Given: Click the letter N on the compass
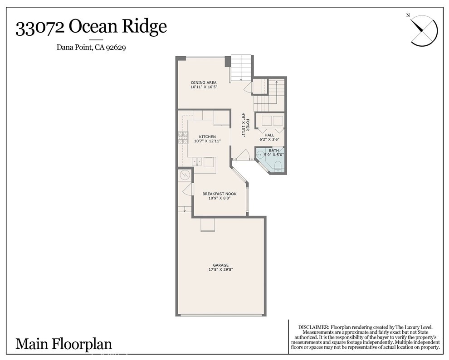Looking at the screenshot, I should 408,15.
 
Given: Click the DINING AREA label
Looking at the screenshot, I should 200,83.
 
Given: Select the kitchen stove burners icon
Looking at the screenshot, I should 183,137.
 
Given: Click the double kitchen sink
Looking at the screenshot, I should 197,161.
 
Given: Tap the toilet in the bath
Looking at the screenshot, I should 278,166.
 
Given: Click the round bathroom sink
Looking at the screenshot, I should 260,155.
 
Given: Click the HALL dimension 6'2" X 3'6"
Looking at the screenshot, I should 269,140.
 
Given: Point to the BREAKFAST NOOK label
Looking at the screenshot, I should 220,194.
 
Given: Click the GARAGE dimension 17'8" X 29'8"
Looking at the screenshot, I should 221,270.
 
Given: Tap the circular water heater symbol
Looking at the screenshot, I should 185,175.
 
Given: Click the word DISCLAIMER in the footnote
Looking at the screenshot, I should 313,327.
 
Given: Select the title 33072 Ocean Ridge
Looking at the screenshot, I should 91,28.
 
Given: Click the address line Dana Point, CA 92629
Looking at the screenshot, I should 91,47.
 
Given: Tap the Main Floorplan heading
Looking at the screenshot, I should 63,344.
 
